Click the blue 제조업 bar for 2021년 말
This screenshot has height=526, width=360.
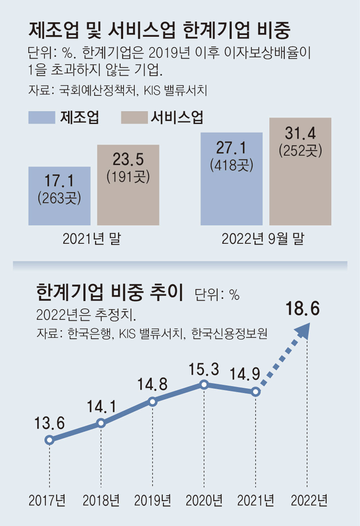pyautogui.click(x=59, y=196)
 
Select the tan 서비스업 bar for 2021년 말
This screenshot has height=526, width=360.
pyautogui.click(x=128, y=185)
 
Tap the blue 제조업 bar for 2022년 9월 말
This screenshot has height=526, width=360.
pyautogui.click(x=231, y=179)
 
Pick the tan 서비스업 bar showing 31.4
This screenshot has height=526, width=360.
pyautogui.click(x=300, y=171)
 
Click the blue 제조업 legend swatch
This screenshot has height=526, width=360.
pyautogui.click(x=42, y=117)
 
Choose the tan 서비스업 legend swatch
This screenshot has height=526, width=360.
pyautogui.click(x=134, y=117)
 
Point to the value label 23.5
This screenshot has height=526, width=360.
pyautogui.click(x=128, y=159)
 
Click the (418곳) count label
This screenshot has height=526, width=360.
pyautogui.click(x=231, y=165)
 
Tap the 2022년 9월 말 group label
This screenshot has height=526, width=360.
pyautogui.click(x=263, y=239)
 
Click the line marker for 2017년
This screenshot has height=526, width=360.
pyautogui.click(x=50, y=440)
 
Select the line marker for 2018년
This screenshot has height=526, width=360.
pyautogui.click(x=101, y=423)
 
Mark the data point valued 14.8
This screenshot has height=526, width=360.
pyautogui.click(x=153, y=401)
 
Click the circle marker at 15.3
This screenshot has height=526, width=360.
pyautogui.click(x=204, y=385)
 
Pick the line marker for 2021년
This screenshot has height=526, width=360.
pyautogui.click(x=256, y=392)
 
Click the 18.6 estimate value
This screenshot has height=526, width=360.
pyautogui.click(x=302, y=309)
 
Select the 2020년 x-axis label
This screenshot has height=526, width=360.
pyautogui.click(x=204, y=500)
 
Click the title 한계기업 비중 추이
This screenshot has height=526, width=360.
pyautogui.click(x=110, y=292)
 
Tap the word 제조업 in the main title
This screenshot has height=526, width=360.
pyautogui.click(x=53, y=30)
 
